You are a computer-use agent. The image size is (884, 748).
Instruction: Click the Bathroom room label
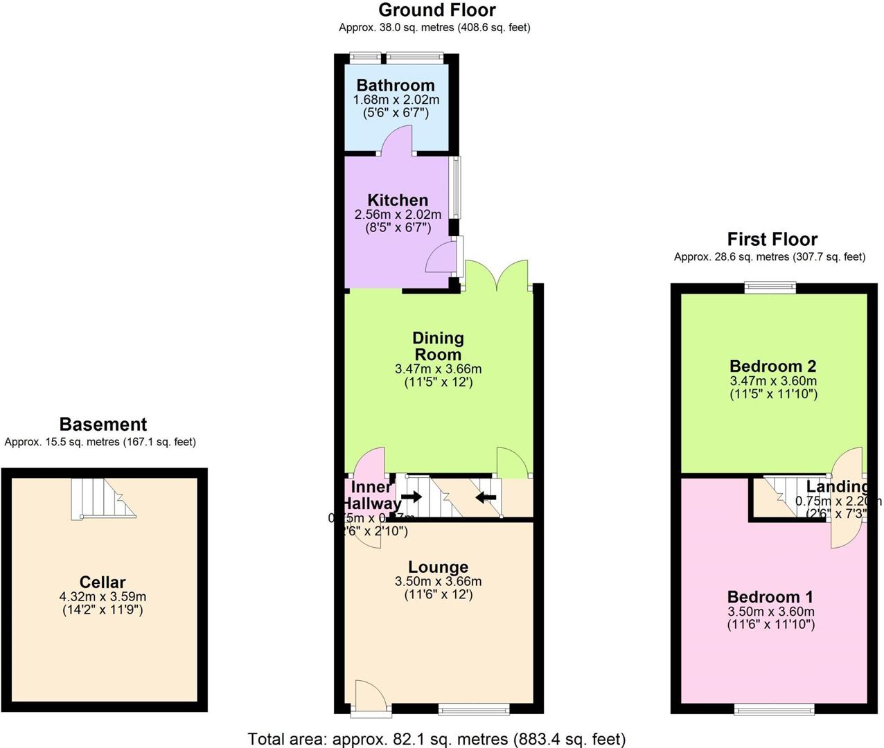coord(396,85)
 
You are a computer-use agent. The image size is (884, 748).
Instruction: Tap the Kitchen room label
coord(398,200)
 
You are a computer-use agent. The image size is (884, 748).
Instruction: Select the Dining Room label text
coord(438,346)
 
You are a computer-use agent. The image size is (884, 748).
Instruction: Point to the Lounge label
coord(438,568)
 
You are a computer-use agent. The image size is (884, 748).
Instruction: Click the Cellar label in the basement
coord(103,582)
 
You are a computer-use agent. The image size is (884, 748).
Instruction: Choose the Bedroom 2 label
coord(773,366)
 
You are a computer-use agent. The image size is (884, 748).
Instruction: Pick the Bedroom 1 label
coord(770,597)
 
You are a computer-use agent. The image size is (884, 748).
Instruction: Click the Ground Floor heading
coord(436,10)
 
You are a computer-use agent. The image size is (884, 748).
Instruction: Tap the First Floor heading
coord(772,240)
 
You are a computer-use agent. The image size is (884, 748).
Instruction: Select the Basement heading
coord(103,425)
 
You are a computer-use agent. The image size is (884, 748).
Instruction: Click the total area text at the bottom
coord(436,739)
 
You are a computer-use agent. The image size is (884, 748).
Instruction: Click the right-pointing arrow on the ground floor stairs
coord(412,497)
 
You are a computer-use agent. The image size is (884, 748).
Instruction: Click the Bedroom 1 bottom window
coord(775,709)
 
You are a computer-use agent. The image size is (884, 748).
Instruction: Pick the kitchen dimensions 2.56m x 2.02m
coord(398,215)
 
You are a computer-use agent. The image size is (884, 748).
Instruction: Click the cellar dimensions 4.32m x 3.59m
coord(103,596)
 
